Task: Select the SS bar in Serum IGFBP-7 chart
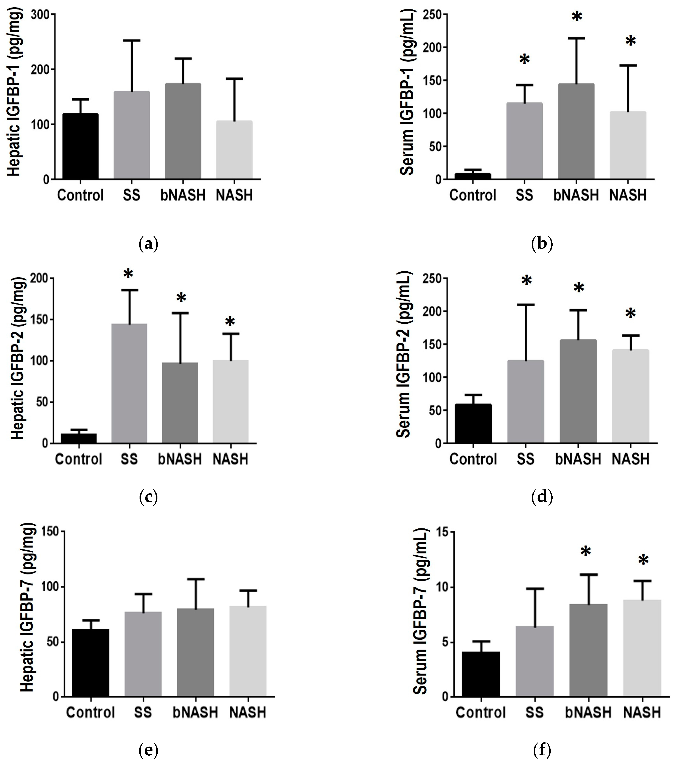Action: [x=534, y=662]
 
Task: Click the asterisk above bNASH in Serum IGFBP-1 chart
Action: [x=577, y=17]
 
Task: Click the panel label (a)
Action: [x=148, y=244]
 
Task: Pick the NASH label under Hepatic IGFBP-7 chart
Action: [x=247, y=712]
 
